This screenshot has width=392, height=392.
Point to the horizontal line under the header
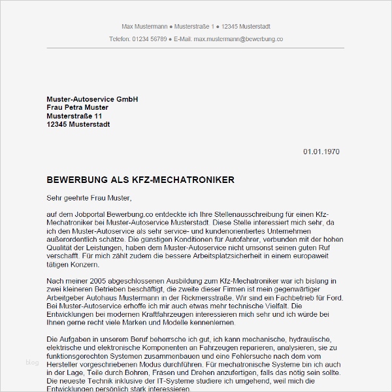[x=196, y=48]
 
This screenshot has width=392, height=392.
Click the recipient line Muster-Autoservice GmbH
[x=92, y=99]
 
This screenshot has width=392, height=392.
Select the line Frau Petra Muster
[x=77, y=107]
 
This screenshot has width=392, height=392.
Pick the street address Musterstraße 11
[x=74, y=116]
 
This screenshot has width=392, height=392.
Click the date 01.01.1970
[x=321, y=152]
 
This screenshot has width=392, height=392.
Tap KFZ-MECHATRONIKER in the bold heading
[x=186, y=179]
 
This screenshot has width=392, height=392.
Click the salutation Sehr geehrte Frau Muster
[x=89, y=197]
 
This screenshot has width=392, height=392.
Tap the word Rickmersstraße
[x=201, y=297]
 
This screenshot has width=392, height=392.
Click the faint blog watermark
[x=32, y=361]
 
